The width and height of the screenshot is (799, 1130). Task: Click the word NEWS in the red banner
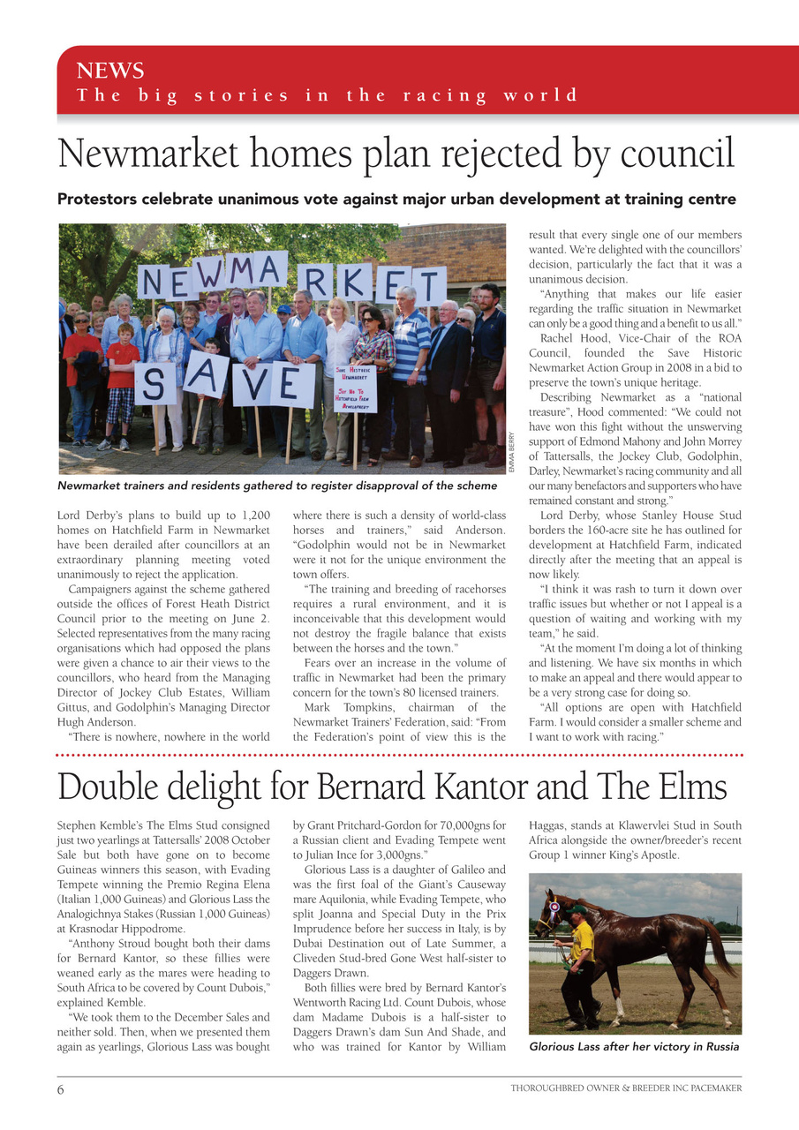point(110,71)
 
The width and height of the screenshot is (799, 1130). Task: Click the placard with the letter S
point(155,383)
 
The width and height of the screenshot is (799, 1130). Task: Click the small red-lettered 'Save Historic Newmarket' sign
point(355,389)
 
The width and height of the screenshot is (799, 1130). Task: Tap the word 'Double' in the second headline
point(109,787)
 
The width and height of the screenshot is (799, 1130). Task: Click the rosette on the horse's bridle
point(554,906)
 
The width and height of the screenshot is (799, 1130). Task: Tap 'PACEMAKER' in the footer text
point(711,1089)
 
